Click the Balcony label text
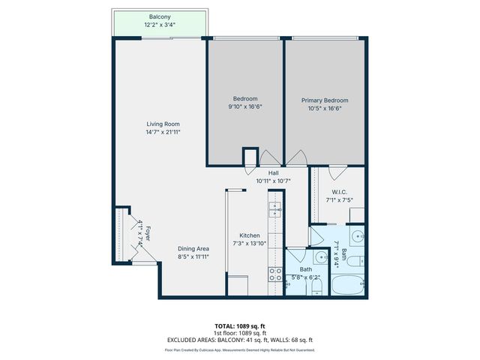(158, 16)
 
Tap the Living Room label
(163, 124)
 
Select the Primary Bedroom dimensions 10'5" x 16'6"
(325, 107)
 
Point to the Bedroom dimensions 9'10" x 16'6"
(245, 106)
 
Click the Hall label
(262, 173)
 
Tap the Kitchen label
(249, 234)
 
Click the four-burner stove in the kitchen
(275, 274)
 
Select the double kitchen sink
(275, 208)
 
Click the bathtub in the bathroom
(347, 285)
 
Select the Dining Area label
(193, 249)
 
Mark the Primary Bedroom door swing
(297, 158)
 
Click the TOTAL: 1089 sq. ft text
(240, 326)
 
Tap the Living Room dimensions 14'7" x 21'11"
(163, 132)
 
